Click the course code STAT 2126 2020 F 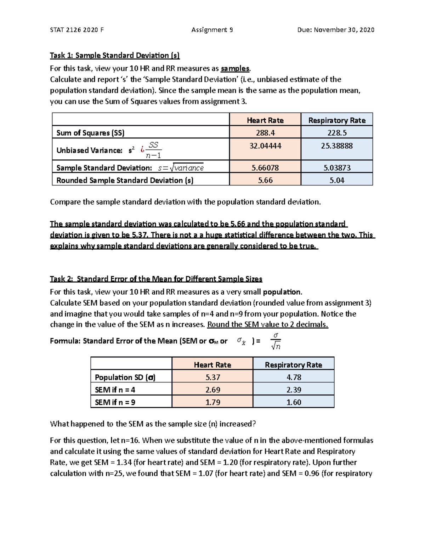coord(77,30)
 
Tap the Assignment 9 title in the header coord(212,30)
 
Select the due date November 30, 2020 coord(336,30)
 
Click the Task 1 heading coord(115,55)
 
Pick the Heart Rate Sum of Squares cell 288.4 coord(265,133)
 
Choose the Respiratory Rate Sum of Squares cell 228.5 coord(337,133)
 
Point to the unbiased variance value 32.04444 coord(265,146)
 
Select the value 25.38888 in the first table coord(337,146)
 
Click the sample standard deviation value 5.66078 coord(265,168)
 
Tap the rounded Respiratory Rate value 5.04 coord(337,180)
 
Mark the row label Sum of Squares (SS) coord(90,133)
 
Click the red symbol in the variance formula coord(142,150)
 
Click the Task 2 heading coord(156,279)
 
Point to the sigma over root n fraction coord(276,341)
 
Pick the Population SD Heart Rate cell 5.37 coord(212,377)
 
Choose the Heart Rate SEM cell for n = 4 coord(212,390)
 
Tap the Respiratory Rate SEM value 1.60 coord(294,402)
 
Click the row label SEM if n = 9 coord(115,402)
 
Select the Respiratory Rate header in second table coord(294,365)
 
